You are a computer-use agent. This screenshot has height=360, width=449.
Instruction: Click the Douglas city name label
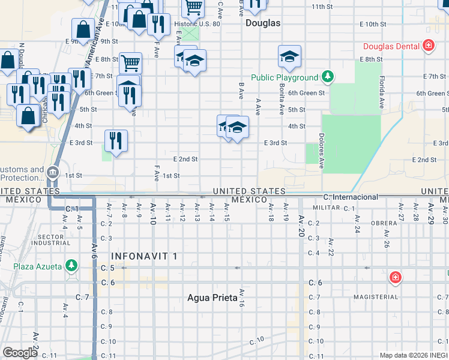click(263, 23)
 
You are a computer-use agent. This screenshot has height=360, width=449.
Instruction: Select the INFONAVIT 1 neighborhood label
click(145, 256)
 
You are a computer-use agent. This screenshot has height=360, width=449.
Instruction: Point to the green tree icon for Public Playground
click(327, 77)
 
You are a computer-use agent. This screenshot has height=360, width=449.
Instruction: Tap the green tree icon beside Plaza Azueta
click(71, 265)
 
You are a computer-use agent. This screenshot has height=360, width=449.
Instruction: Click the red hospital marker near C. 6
click(395, 277)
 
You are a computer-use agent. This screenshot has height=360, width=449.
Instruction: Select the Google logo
click(20, 352)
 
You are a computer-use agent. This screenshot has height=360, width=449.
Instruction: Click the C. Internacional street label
click(351, 197)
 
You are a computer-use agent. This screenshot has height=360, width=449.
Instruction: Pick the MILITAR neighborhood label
click(326, 208)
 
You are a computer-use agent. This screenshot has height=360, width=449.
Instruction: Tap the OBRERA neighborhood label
click(384, 223)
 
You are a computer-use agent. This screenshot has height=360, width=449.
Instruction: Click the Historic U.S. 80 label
click(197, 25)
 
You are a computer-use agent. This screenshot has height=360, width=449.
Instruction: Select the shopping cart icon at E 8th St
click(130, 62)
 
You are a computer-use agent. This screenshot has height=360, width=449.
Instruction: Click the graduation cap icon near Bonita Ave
click(289, 56)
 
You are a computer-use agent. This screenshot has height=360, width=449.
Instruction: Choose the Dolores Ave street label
click(322, 151)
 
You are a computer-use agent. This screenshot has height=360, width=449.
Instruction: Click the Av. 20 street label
click(301, 223)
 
